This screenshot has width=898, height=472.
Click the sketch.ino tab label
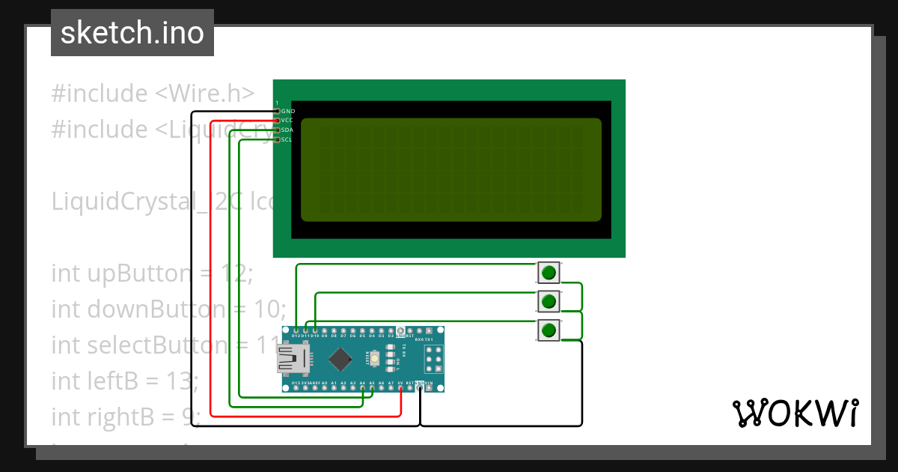pyautogui.click(x=132, y=33)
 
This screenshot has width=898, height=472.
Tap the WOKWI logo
pyautogui.click(x=795, y=413)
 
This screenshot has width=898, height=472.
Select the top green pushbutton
pyautogui.click(x=549, y=272)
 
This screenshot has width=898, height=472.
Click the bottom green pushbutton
pyautogui.click(x=549, y=330)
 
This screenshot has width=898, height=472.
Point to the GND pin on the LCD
pyautogui.click(x=278, y=111)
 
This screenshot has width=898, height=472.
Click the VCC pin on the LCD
pyautogui.click(x=278, y=121)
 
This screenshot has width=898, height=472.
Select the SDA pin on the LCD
pyautogui.click(x=278, y=130)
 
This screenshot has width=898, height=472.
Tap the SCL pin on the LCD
pyautogui.click(x=278, y=139)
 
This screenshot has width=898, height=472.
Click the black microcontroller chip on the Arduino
pyautogui.click(x=340, y=360)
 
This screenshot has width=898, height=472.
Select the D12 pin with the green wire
pyautogui.click(x=296, y=330)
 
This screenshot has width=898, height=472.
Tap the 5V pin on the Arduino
pyautogui.click(x=400, y=388)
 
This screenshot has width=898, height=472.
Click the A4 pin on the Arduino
pyautogui.click(x=362, y=388)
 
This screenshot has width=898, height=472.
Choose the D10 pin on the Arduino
pyautogui.click(x=315, y=330)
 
